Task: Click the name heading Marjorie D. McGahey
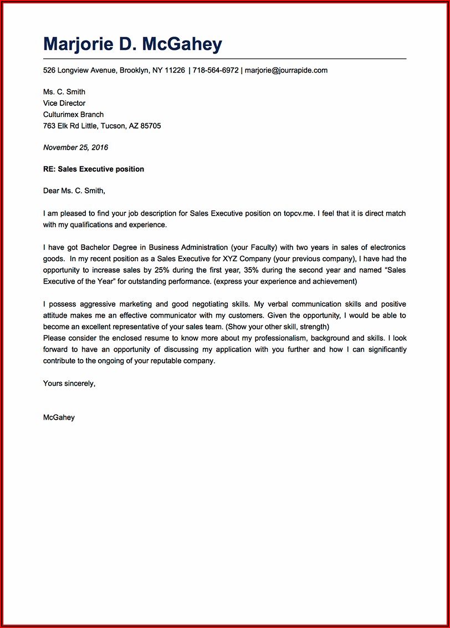coord(132,44)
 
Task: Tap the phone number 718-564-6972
coord(216,70)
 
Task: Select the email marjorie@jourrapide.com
coord(286,70)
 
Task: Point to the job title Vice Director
coord(64,103)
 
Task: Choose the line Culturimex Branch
coord(73,114)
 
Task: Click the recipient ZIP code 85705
coord(150,126)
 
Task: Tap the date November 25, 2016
coord(75,147)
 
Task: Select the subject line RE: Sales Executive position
coord(93,169)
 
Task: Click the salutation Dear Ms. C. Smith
coord(74,191)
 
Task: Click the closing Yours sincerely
coord(69,383)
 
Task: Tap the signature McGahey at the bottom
coord(59,417)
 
